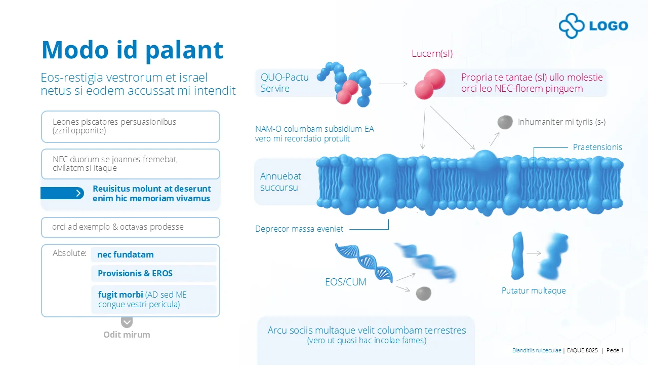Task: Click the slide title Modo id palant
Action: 132,50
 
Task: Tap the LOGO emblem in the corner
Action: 593,26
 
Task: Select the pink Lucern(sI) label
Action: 432,54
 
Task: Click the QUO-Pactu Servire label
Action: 277,83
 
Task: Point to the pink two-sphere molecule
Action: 430,84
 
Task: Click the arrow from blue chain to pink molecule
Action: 393,84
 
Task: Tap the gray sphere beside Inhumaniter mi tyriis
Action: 505,122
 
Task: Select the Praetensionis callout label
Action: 597,148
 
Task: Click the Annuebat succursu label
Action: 280,182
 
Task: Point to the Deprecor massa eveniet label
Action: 299,229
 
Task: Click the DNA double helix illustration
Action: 363,262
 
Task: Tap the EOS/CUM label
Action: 345,282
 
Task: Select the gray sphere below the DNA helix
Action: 423,293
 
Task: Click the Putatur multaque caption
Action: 534,291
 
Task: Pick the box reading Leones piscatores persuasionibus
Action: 131,127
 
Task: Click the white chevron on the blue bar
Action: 78,193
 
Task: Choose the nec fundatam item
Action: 126,254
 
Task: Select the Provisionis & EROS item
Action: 135,273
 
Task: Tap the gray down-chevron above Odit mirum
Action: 127,322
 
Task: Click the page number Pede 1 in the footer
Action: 615,350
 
